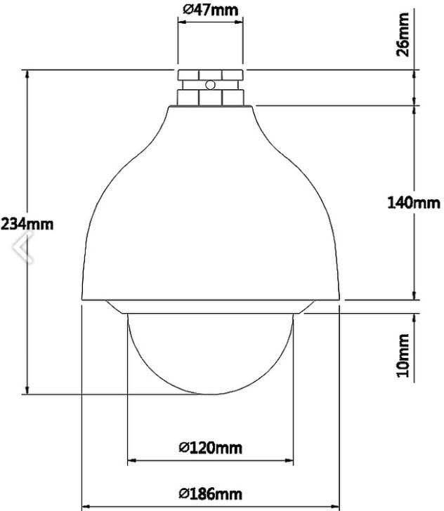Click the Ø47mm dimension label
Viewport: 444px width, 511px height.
(211, 10)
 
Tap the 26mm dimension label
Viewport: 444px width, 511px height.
(403, 34)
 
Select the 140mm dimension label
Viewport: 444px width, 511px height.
(414, 203)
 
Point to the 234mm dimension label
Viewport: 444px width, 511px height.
(27, 224)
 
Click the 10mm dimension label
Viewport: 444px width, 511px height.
(403, 355)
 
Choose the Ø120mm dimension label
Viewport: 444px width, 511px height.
(211, 448)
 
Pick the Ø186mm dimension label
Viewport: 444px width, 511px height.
(211, 493)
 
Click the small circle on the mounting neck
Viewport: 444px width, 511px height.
(211, 85)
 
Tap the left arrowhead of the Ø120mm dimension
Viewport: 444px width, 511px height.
(132, 460)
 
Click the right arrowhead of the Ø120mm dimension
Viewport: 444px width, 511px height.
(289, 460)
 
